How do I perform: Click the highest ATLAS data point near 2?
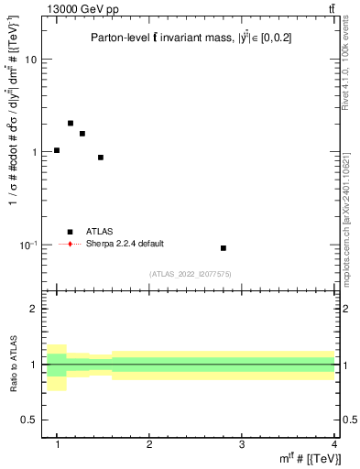tap(71, 123)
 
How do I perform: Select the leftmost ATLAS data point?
tap(57, 150)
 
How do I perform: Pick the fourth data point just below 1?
tap(101, 158)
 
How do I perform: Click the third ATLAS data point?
tap(82, 134)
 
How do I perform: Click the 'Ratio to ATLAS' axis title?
tap(14, 364)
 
